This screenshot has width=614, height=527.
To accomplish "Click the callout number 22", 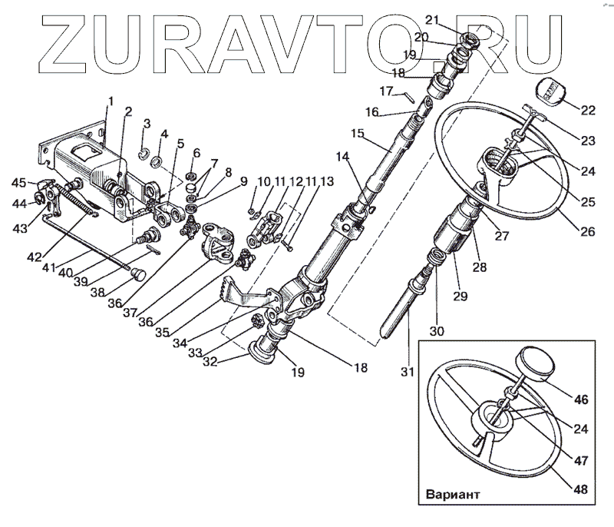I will coord(587,110).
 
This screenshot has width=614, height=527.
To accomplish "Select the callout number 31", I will coord(408,372).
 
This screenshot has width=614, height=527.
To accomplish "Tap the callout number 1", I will coord(111,101).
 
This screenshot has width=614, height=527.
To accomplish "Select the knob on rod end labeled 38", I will coord(138,273).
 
